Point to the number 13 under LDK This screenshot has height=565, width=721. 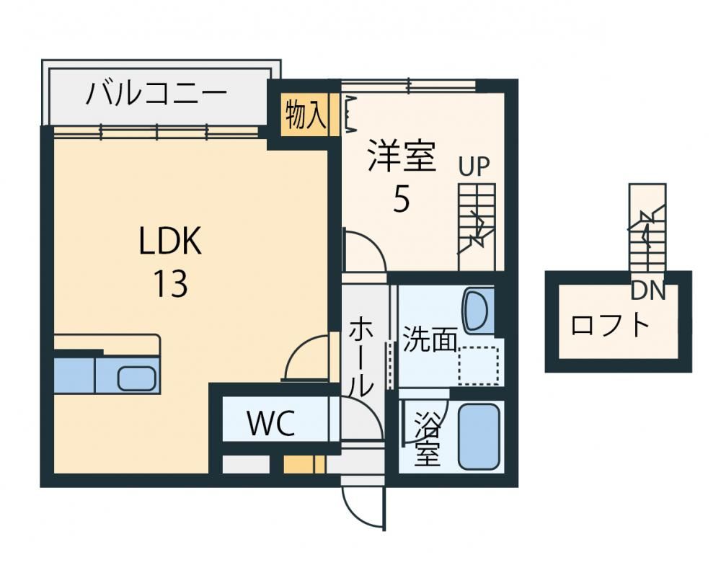click(x=170, y=284)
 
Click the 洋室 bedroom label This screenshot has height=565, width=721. click(x=402, y=156)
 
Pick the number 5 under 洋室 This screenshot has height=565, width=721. click(x=401, y=199)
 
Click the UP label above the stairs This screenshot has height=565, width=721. click(x=474, y=166)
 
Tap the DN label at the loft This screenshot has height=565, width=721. click(x=648, y=290)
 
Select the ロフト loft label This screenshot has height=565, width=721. click(x=610, y=325)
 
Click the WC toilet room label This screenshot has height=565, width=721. click(x=271, y=423)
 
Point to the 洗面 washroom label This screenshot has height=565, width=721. click(x=430, y=339)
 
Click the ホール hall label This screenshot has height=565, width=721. click(x=361, y=355)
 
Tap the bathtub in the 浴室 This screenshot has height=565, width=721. click(x=479, y=436)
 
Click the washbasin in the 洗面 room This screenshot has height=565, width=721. click(x=478, y=311)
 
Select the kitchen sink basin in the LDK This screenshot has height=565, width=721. click(x=136, y=379)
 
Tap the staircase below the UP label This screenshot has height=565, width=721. click(x=477, y=227)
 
